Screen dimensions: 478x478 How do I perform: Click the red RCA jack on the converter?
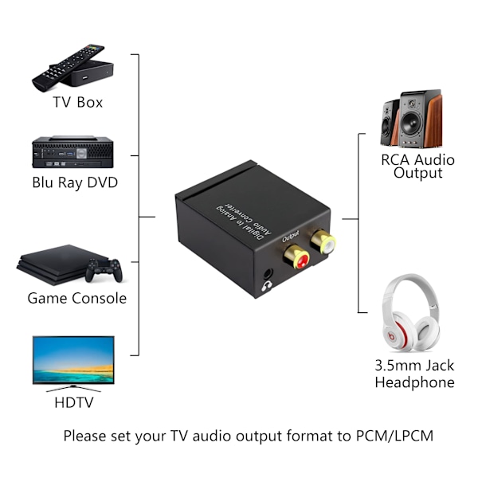[297, 257]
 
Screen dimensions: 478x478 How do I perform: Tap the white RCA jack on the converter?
[323, 241]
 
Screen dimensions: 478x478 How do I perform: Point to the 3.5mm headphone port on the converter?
[268, 273]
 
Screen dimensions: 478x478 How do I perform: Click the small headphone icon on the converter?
[267, 286]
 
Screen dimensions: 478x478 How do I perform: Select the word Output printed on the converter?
[291, 236]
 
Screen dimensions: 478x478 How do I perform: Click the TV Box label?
[78, 102]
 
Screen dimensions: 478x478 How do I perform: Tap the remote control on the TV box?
[68, 68]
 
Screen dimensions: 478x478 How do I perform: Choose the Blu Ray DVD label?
[75, 182]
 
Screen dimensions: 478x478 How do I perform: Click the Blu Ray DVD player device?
[72, 152]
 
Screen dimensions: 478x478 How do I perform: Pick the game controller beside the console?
[104, 270]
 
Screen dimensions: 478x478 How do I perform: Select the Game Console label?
[76, 298]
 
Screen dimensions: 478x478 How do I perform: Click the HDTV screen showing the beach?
[73, 360]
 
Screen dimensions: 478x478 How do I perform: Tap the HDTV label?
[74, 402]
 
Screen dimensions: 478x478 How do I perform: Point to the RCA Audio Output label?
[417, 167]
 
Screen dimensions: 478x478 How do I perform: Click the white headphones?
[410, 311]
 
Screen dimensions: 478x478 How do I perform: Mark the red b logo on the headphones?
[392, 336]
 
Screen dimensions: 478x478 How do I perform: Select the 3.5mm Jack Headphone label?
[414, 374]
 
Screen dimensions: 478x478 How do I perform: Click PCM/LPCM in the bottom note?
[394, 436]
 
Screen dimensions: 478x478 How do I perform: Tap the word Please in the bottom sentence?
[84, 436]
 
